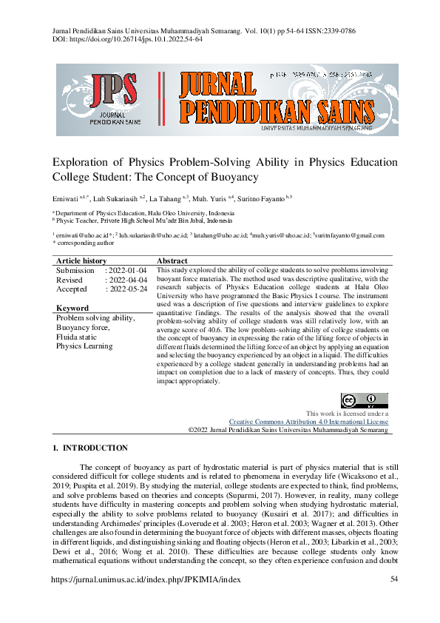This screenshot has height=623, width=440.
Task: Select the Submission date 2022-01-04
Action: tap(127, 271)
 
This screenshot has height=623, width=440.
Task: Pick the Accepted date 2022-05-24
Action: tap(127, 289)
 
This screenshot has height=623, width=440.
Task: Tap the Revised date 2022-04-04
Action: tap(127, 280)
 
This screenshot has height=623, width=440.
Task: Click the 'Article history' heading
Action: tap(81, 261)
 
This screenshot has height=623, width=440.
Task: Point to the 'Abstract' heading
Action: tap(172, 261)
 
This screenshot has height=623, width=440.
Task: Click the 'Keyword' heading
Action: tap(72, 308)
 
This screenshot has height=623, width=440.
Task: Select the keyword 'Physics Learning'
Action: tap(84, 346)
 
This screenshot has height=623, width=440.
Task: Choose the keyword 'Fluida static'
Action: tap(81, 337)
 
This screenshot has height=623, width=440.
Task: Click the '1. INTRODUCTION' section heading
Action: tap(91, 448)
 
